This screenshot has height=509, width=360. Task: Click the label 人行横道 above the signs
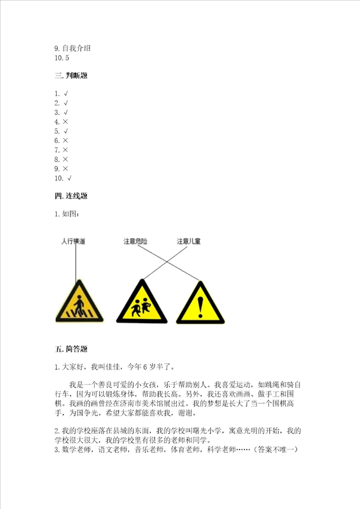pyautogui.click(x=73, y=241)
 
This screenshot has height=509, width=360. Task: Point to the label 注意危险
pyautogui.click(x=135, y=241)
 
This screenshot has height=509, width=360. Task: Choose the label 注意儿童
pyautogui.click(x=189, y=241)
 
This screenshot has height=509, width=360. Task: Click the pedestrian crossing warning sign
pyautogui.click(x=78, y=303)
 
